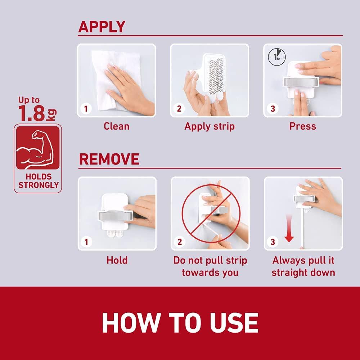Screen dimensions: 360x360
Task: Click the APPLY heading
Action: tap(102, 27)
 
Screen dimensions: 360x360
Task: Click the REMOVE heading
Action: tap(109, 159)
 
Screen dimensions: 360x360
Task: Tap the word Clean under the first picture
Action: tap(116, 126)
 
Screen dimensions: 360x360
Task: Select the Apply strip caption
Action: tap(210, 126)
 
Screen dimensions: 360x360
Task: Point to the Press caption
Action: tap(302, 126)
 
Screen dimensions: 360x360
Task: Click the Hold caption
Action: tap(117, 260)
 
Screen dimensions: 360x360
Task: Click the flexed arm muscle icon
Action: tap(37, 147)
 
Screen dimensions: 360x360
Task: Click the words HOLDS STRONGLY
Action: tap(38, 181)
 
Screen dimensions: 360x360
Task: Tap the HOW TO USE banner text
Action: tap(180, 323)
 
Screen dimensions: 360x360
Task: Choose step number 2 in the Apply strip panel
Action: tap(179, 109)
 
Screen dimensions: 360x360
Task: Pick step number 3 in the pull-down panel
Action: tap(273, 242)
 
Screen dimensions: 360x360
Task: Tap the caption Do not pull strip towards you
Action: tap(210, 266)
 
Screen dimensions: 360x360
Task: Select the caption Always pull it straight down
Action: tap(303, 266)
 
